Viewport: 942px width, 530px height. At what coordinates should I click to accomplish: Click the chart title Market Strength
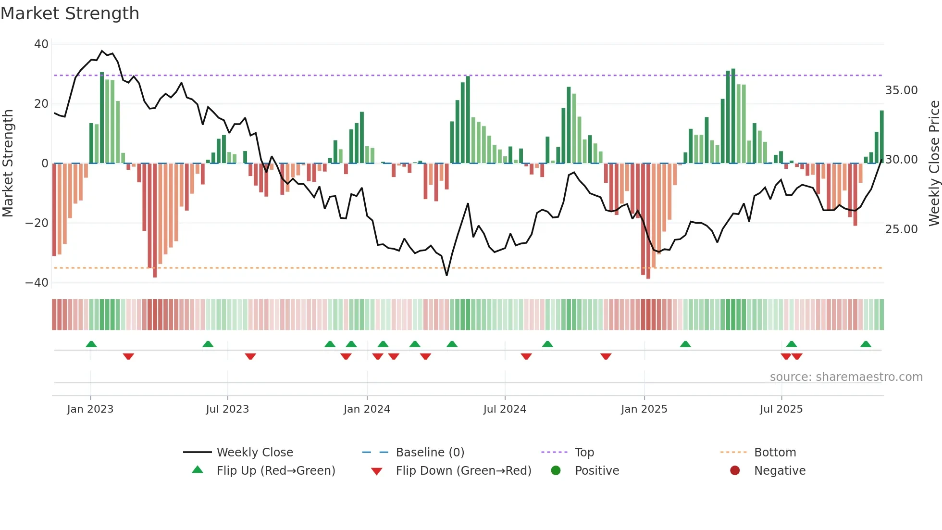pyautogui.click(x=70, y=13)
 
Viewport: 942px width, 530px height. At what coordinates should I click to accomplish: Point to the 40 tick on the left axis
pyautogui.click(x=41, y=44)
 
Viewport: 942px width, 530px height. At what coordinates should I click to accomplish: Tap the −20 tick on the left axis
pyautogui.click(x=37, y=223)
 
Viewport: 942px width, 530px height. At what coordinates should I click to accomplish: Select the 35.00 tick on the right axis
pyautogui.click(x=901, y=90)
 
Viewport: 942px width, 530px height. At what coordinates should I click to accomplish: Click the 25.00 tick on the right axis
pyautogui.click(x=901, y=229)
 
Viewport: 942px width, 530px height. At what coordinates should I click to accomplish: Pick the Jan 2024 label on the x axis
pyautogui.click(x=367, y=409)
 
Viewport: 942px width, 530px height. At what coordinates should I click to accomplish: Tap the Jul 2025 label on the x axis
pyautogui.click(x=781, y=409)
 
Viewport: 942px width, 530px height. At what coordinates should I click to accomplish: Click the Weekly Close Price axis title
pyautogui.click(x=934, y=163)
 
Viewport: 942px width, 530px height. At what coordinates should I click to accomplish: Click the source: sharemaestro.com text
pyautogui.click(x=846, y=377)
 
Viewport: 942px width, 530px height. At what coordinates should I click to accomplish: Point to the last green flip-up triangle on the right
pyautogui.click(x=866, y=344)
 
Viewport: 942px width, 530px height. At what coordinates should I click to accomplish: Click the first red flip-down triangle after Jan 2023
pyautogui.click(x=128, y=356)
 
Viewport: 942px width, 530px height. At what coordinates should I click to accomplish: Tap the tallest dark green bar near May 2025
pyautogui.click(x=733, y=115)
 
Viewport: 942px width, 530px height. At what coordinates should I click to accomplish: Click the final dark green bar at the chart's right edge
pyautogui.click(x=882, y=137)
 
